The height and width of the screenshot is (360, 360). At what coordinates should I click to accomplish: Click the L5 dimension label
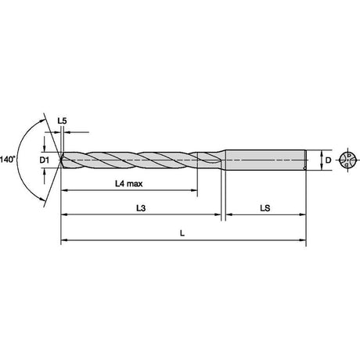pos(62,121)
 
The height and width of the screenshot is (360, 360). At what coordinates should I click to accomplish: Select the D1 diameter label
pos(44,160)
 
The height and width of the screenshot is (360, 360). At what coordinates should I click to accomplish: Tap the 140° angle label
pos(8,160)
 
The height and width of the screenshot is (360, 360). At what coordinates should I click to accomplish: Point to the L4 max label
pos(129,184)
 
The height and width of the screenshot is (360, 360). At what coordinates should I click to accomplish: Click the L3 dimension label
pos(141,208)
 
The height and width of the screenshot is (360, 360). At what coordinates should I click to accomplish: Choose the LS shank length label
pos(265,208)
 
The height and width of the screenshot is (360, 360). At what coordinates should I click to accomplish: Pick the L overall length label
pos(182,233)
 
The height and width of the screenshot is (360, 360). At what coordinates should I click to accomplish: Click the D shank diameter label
pos(328,160)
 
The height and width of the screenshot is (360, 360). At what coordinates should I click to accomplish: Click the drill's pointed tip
pos(61,160)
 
